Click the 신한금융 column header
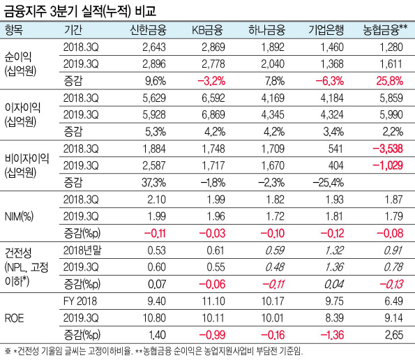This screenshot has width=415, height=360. (x=148, y=30)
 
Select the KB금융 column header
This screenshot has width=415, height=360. (x=208, y=30)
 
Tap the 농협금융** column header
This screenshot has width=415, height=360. (x=385, y=30)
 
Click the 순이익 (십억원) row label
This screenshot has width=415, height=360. (x=20, y=64)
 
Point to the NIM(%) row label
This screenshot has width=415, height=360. (x=19, y=216)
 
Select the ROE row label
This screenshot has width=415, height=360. (x=14, y=318)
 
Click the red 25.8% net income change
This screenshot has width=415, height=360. (x=390, y=81)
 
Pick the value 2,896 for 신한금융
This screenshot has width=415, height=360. (x=154, y=63)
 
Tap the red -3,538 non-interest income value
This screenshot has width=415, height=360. (x=388, y=149)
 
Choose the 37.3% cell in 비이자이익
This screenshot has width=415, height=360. (x=153, y=183)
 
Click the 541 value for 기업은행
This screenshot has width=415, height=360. (x=335, y=149)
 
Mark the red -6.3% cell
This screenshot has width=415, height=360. (x=330, y=81)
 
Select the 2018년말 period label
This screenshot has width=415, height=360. (x=82, y=250)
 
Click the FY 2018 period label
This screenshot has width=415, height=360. (x=80, y=301)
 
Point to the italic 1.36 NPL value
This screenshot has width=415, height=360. (x=335, y=267)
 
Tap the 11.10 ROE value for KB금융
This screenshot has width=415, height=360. (x=213, y=301)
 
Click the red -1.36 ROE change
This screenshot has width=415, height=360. (x=332, y=335)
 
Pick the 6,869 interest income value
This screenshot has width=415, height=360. (x=213, y=114)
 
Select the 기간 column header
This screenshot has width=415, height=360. (x=73, y=30)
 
